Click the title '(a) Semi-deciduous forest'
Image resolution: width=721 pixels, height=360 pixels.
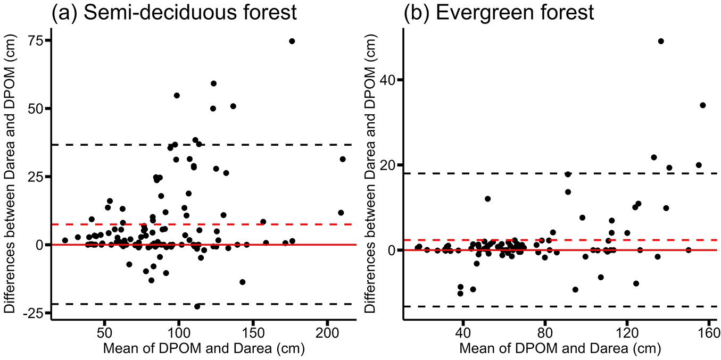click(x=173, y=12)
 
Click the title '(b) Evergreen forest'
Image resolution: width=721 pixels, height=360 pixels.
click(x=499, y=12)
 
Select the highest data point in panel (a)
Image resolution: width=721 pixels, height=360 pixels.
click(x=292, y=41)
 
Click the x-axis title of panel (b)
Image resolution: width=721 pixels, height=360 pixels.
click(x=560, y=349)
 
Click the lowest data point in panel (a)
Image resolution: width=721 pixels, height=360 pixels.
click(x=197, y=306)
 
